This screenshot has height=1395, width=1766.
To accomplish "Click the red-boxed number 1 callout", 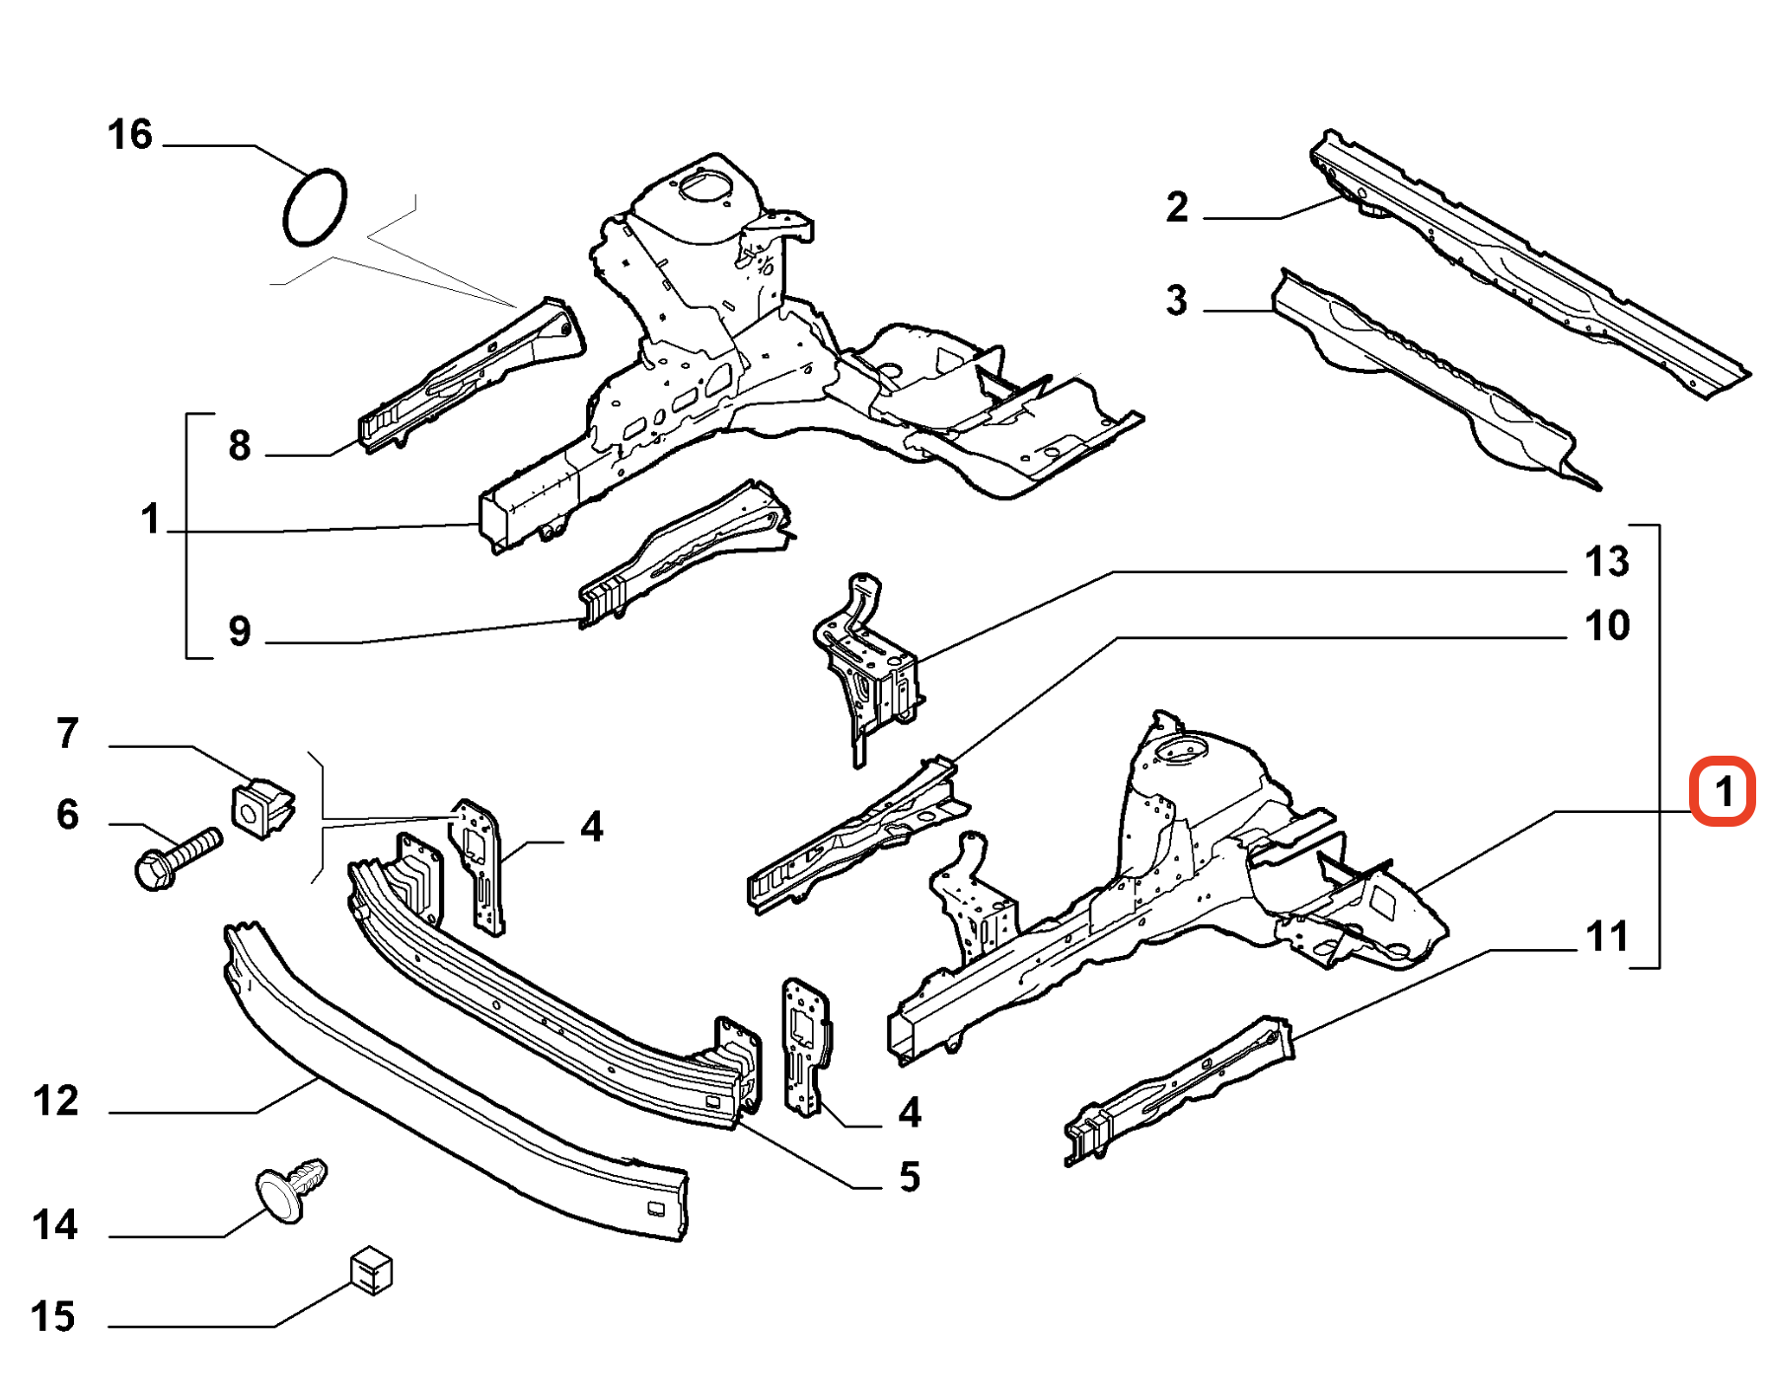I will tap(1723, 791).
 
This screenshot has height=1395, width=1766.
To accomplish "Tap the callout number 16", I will tap(130, 135).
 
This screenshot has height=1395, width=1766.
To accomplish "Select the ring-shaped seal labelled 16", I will tap(315, 207).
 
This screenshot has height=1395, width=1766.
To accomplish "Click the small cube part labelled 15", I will tap(372, 1271).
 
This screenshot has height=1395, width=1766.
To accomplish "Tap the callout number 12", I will tap(55, 1101).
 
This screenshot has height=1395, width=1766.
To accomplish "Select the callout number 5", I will tap(910, 1177).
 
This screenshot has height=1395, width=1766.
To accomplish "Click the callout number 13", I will tap(1607, 562).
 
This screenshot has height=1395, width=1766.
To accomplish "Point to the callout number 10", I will tap(1607, 625).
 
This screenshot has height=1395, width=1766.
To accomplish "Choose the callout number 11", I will tap(1607, 936).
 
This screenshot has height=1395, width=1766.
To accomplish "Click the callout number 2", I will tap(1177, 207).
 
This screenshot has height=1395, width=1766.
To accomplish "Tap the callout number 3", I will tap(1176, 301).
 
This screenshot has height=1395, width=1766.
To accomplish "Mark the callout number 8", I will tap(240, 446).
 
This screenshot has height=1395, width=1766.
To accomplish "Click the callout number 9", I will tap(240, 631).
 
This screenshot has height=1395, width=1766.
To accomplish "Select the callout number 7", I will tap(67, 734).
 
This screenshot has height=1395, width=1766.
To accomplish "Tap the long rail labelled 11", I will tap(1179, 1090).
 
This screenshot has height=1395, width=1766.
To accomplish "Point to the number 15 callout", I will tap(53, 1317).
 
